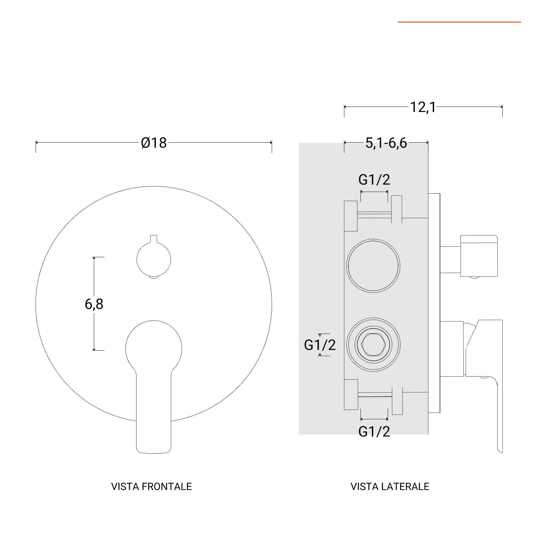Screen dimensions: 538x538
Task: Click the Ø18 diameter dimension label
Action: (154, 143)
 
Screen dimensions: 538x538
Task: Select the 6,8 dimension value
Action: (94, 304)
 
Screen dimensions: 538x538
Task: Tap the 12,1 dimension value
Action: (423, 107)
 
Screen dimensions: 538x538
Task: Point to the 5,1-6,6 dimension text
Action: (386, 143)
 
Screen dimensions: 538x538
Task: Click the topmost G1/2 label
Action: (374, 180)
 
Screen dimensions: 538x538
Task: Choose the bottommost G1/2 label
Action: (374, 431)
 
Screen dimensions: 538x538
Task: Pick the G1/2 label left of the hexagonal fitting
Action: (320, 345)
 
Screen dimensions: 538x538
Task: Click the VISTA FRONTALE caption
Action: (151, 487)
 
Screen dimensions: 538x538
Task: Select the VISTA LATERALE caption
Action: (390, 487)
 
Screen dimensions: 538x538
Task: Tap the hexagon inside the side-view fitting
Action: (374, 345)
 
